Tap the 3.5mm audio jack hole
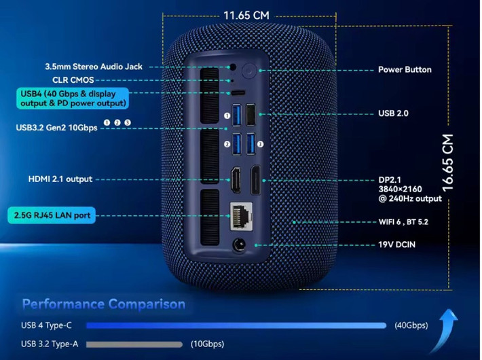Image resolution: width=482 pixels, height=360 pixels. [234, 67]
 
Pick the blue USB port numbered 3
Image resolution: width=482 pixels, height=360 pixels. [251, 143]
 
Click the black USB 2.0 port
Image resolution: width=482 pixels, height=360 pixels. [251, 113]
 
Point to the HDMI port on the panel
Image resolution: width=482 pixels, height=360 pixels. [237, 179]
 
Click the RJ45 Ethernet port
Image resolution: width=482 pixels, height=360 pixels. [240, 215]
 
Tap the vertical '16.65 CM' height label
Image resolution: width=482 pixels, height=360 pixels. [447, 162]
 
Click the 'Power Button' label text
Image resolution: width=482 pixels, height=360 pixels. [405, 69]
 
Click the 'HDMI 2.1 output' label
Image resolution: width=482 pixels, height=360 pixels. [60, 179]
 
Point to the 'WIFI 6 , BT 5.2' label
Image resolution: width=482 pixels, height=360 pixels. [403, 221]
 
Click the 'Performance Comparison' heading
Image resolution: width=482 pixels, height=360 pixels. [103, 304]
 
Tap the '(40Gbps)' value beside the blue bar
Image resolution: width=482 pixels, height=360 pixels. [412, 325]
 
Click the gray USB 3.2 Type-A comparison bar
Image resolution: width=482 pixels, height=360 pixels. [134, 344]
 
